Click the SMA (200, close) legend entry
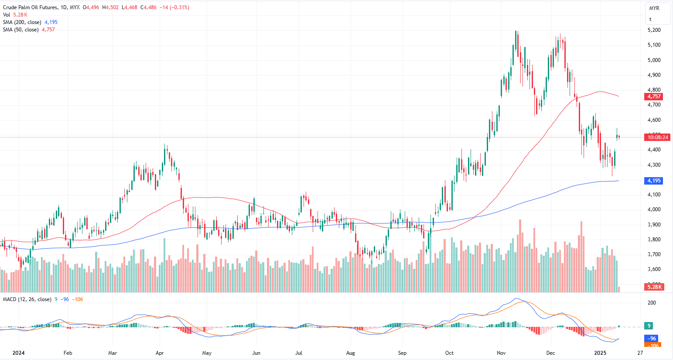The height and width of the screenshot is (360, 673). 22,22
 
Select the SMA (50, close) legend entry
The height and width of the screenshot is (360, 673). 20,30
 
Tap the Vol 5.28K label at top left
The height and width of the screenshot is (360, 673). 15,15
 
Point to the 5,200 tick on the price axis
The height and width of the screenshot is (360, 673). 654,30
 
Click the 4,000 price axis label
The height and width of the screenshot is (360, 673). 654,209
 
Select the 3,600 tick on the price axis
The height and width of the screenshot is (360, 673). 654,269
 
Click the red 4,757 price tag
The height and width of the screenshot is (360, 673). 654,96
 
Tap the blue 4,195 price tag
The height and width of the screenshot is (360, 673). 654,181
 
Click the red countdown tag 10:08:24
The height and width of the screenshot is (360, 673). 658,137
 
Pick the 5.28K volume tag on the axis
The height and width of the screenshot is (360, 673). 654,287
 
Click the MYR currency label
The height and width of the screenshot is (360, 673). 654,8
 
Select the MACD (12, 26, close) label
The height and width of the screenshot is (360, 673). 27,299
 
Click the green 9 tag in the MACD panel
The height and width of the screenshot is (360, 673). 649,326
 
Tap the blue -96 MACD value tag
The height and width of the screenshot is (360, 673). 652,339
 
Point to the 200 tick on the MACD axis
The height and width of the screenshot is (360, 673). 652,303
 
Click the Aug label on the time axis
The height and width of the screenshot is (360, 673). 350,353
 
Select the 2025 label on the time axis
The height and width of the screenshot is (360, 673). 600,353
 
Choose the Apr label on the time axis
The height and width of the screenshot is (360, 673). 160,353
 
